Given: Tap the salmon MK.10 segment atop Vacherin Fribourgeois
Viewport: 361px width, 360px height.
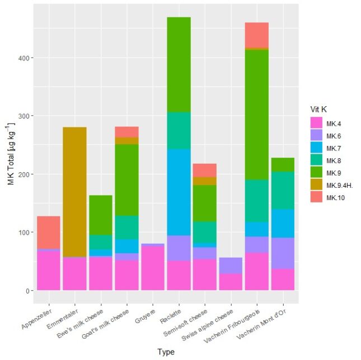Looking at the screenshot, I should tap(257, 35).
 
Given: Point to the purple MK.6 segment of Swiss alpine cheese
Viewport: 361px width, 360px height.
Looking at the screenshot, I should tap(231, 265).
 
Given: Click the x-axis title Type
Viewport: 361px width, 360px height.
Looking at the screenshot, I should tap(166, 352).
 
